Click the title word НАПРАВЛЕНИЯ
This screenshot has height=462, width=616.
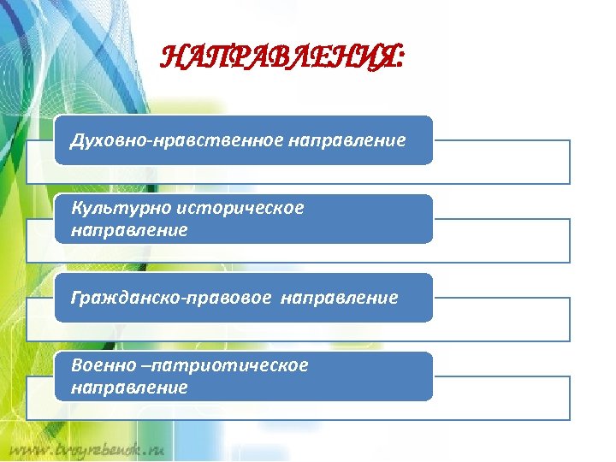click(279, 60)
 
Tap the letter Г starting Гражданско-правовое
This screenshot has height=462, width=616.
click(75, 297)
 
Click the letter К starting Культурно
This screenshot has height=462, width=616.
click(76, 209)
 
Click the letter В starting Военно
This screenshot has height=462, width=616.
click(76, 365)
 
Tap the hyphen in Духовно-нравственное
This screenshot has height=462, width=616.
click(151, 140)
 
